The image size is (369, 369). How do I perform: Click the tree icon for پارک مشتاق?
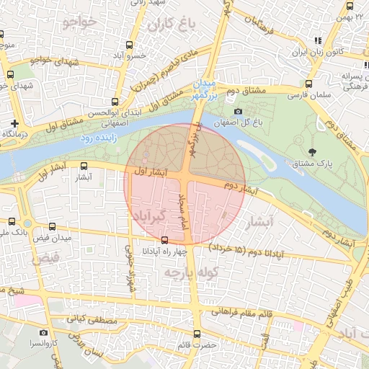pos(311,152)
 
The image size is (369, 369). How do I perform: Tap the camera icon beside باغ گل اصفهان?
pos(239,111)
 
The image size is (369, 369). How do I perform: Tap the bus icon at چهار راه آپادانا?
pos(165,240)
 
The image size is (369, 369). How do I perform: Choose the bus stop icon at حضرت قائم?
pos(198,333)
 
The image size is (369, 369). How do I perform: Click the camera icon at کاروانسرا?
pos(43,333)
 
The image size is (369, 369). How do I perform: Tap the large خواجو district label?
pos(79,23)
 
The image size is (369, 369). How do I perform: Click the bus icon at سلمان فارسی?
pos(309,84)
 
